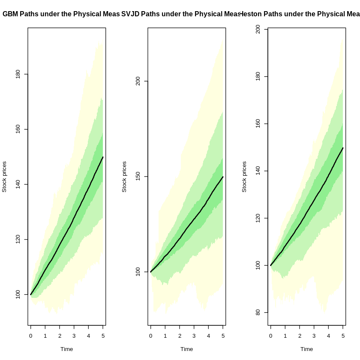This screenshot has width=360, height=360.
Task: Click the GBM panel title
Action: click(x=61, y=14)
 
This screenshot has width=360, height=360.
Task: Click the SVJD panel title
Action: click(x=181, y=14)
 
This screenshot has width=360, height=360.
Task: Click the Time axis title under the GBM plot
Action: click(x=66, y=349)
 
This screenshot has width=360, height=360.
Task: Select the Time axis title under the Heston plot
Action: click(x=306, y=349)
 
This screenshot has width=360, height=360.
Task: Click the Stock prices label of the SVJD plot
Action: click(x=124, y=177)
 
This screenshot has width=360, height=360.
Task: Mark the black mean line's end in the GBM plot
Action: click(x=103, y=157)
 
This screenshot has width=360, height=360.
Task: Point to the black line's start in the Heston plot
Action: click(x=271, y=265)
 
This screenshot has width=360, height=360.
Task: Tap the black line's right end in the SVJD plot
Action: click(x=223, y=177)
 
